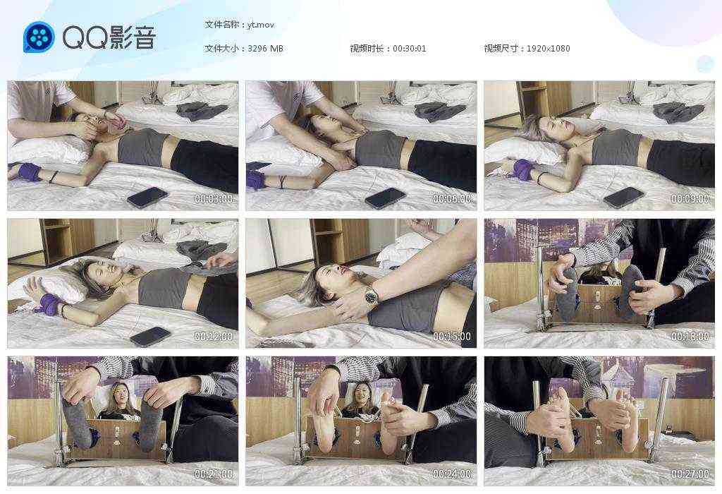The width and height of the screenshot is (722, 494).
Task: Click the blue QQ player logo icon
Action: click(39, 37)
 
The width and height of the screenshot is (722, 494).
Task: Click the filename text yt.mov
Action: click(260, 25)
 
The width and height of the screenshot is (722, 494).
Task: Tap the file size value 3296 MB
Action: click(266, 49)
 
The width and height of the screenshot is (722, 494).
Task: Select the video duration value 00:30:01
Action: click(409, 49)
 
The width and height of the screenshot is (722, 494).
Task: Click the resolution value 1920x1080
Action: click(548, 49)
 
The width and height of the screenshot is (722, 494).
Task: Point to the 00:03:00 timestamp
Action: click(213, 199)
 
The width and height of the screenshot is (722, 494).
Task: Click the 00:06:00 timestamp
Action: click(451, 199)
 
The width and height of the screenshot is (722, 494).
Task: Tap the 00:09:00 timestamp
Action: click(690, 199)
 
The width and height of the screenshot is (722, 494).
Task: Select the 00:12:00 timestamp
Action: click(213, 337)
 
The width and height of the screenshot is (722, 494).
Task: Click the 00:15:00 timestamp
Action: click(451, 337)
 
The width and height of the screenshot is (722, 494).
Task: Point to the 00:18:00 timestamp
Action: click(690, 337)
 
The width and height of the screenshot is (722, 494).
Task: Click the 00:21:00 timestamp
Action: click(213, 474)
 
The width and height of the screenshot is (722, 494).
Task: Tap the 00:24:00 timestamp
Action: click(451, 474)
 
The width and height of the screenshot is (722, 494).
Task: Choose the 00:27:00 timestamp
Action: click(690, 474)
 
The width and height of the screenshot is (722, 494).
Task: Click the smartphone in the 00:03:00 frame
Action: click(147, 197)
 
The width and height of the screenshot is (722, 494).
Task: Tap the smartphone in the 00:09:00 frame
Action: click(624, 197)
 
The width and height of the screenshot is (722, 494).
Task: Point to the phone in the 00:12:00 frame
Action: click(150, 336)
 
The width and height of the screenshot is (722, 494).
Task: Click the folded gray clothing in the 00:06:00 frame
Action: click(440, 111)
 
